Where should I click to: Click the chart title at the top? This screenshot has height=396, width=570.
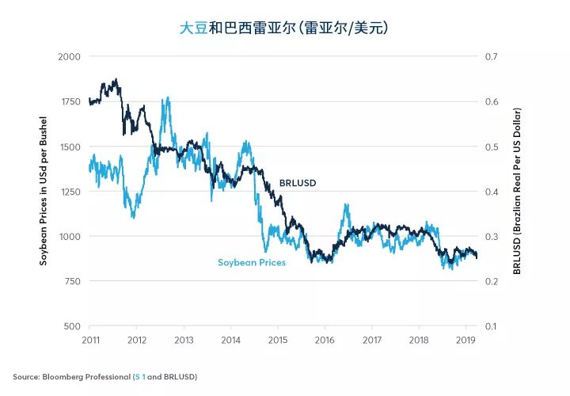[284, 28]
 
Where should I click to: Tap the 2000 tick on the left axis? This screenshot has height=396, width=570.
[70, 57]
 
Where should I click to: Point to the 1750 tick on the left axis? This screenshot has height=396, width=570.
[70, 102]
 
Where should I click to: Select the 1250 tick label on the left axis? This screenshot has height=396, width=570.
[70, 192]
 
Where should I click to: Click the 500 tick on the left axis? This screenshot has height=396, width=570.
[72, 326]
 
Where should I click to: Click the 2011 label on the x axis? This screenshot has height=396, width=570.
[89, 339]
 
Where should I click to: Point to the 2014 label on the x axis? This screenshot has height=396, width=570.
[230, 339]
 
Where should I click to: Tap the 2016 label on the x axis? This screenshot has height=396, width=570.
[325, 339]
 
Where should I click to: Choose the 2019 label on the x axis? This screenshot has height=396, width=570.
[465, 339]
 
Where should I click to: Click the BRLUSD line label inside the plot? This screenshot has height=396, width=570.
[298, 183]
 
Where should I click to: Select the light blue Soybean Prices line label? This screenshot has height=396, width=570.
[251, 262]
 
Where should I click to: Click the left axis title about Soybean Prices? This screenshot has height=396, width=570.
[44, 192]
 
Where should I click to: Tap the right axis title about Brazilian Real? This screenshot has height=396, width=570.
[517, 192]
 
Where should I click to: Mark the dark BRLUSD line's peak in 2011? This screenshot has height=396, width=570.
[116, 79]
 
